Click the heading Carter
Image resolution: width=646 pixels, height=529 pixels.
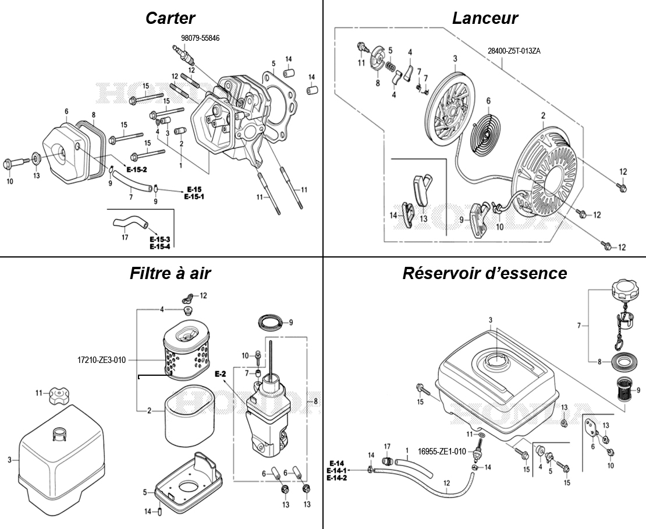click(x=170, y=18)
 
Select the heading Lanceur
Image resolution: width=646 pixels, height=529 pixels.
click(x=485, y=18)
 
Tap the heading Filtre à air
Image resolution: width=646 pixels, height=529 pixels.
click(x=170, y=273)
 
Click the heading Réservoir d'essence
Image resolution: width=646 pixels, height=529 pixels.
click(x=484, y=273)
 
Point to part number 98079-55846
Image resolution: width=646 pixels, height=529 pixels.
click(x=200, y=38)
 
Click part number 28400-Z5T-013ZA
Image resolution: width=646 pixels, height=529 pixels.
click(x=514, y=51)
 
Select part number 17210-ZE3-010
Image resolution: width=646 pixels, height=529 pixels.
click(x=101, y=359)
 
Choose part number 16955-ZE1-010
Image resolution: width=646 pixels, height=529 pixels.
click(x=441, y=451)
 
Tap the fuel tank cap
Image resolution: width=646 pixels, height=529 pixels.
click(x=626, y=290)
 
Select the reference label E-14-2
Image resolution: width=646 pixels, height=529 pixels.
click(x=336, y=478)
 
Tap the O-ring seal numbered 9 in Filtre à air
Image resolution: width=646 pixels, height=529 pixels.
click(x=269, y=322)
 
